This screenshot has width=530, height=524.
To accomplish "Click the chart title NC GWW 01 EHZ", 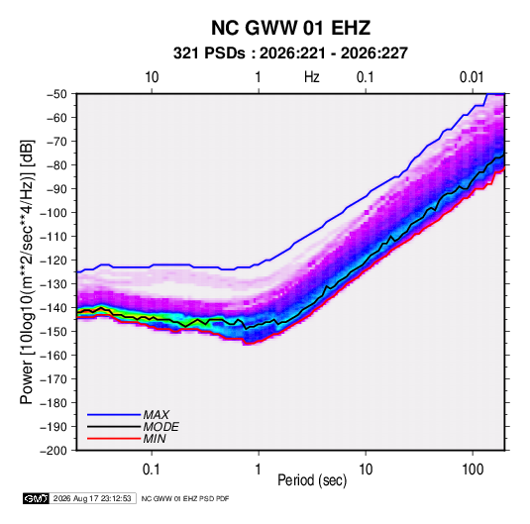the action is click(290, 28).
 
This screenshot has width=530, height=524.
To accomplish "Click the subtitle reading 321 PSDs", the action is click(209, 53).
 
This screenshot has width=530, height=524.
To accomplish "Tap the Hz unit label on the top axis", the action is click(312, 77).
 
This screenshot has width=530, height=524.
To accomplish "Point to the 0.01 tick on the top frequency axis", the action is click(472, 77).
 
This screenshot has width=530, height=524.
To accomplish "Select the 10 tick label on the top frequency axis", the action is click(152, 77).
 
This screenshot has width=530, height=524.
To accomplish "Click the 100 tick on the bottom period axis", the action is click(473, 470).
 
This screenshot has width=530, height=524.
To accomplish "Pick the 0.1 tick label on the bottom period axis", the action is click(152, 470).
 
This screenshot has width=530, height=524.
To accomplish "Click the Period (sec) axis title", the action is click(312, 480).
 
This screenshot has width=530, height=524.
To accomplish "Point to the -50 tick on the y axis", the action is click(57, 94).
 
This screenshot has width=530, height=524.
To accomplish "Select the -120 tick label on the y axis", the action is click(53, 261).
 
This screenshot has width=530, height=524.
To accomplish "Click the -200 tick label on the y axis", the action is click(53, 451).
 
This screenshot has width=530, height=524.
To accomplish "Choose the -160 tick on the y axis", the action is click(53, 356).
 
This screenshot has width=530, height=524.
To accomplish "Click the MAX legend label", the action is click(157, 415).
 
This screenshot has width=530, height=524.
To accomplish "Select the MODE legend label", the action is click(160, 427).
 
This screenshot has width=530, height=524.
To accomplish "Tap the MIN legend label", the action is click(155, 439).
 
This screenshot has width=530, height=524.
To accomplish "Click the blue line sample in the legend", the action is click(114, 415).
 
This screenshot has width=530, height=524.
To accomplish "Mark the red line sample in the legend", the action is click(114, 439).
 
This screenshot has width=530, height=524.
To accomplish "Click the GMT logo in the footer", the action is click(37, 498).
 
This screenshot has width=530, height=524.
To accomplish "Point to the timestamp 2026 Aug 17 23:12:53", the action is click(92, 498).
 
